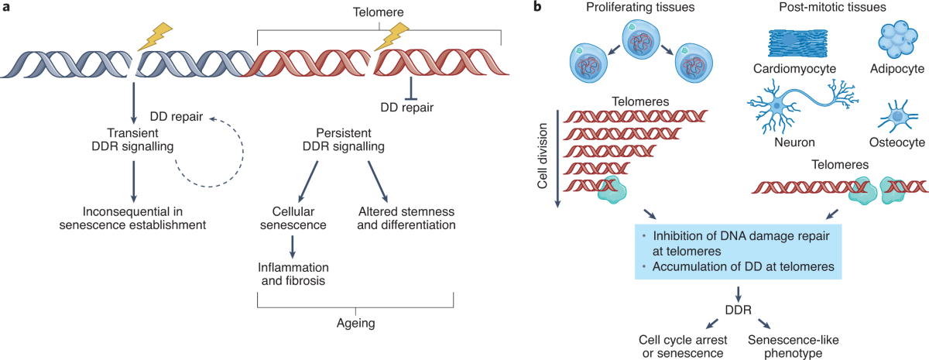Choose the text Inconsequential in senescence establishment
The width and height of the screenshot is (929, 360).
tap(133, 218)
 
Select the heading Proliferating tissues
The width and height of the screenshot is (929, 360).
tap(632, 9)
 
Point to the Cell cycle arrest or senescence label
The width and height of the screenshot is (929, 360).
tap(681, 345)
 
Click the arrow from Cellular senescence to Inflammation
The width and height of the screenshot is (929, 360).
tap(293, 246)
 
